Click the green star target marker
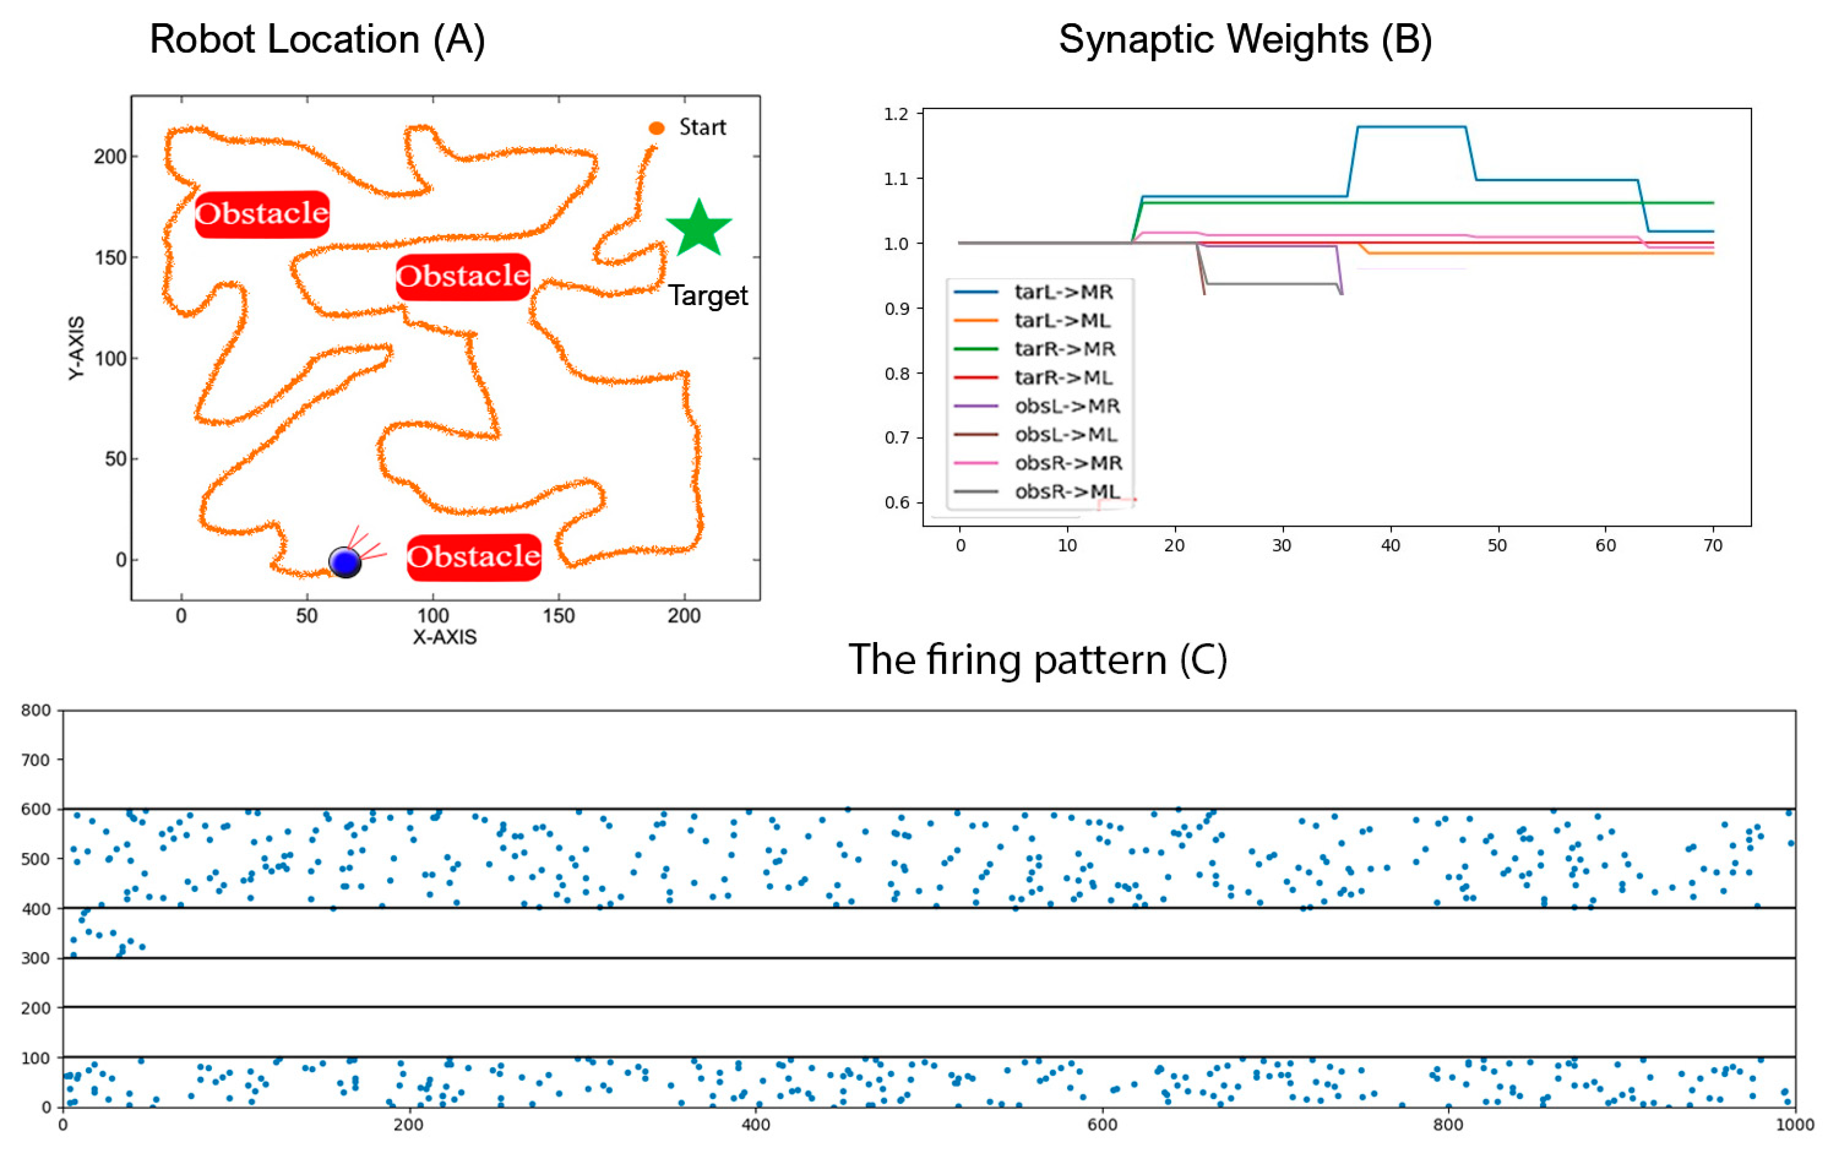[x=698, y=227]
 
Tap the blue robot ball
[x=345, y=562]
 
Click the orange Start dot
[x=657, y=128]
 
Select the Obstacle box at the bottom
[x=473, y=557]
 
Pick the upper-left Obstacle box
[x=262, y=213]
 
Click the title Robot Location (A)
[x=317, y=39]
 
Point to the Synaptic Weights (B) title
[x=1245, y=39]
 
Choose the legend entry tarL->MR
[x=1063, y=292]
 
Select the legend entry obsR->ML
[x=1067, y=492]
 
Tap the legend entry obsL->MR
[x=1067, y=406]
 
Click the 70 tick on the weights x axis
[x=1713, y=545]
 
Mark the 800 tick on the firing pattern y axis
[x=36, y=710]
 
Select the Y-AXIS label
[x=77, y=348]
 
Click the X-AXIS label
[x=444, y=637]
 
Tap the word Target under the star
[x=707, y=295]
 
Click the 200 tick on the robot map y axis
[x=110, y=156]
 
